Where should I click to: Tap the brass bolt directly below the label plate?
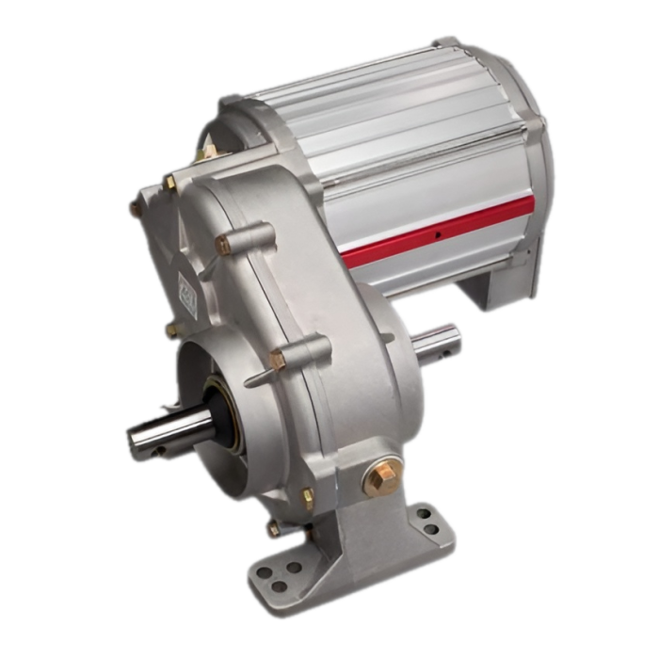(171, 329)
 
